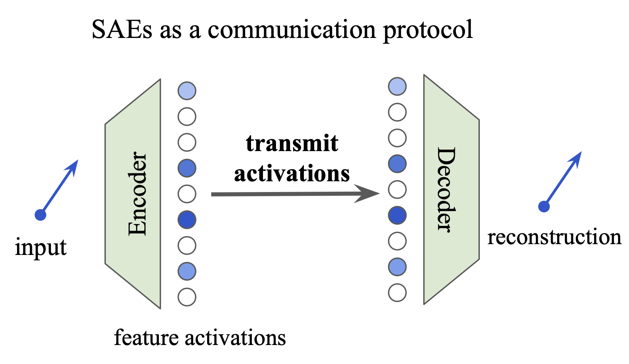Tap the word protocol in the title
pos(428,31)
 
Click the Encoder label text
pos(137,194)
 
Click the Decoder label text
pos(446,190)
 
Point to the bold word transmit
pos(292,143)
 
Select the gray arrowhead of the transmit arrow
pos(367,194)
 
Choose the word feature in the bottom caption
pos(146,337)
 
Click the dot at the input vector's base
pos(41,215)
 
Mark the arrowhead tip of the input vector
pos(78,160)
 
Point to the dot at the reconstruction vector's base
pos(544,207)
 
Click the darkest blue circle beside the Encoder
pos(187,219)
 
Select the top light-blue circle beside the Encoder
pos(187,91)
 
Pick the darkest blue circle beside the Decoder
pos(397,215)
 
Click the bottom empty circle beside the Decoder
pos(397,293)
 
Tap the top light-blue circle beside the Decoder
pos(397,86)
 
